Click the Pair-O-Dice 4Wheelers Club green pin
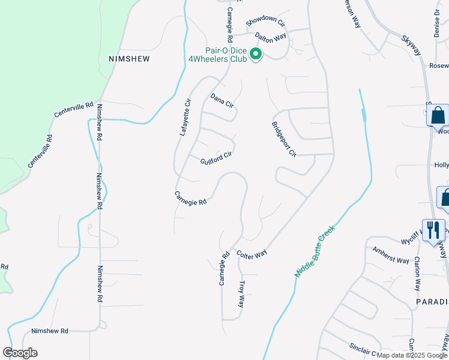256,55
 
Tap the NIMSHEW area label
128,59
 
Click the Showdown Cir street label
265,23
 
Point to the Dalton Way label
270,37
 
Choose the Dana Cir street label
221,100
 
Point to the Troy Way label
243,293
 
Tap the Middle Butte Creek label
313,251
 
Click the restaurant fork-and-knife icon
434,230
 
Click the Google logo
20,353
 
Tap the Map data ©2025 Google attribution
412,355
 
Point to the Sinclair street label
363,349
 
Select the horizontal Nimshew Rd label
50,331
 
